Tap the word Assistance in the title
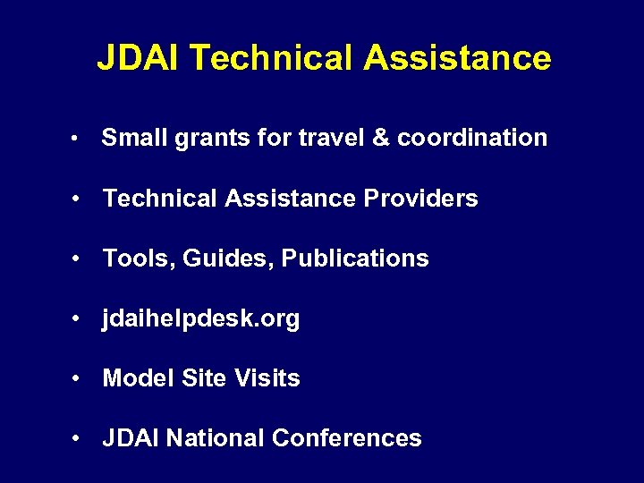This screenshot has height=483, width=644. [x=457, y=59]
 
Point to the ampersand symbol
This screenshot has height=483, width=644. [x=382, y=138]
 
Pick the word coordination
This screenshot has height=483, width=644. [x=472, y=138]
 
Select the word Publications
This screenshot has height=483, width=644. [x=355, y=258]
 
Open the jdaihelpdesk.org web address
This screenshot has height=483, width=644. [x=201, y=319]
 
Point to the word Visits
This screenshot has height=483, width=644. [x=267, y=378]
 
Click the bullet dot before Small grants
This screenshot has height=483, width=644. [x=80, y=139]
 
